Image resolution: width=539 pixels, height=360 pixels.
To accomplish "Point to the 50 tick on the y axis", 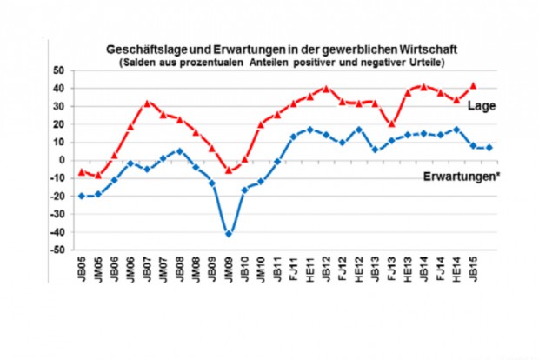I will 59,70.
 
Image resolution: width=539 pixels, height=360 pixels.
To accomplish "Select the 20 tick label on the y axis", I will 59,124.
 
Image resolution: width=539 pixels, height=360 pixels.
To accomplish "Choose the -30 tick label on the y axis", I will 57,214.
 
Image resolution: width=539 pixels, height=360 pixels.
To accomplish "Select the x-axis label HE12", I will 358,266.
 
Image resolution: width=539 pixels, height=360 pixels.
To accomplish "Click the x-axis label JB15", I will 473,266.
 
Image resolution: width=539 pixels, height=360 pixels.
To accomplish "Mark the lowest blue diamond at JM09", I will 229,234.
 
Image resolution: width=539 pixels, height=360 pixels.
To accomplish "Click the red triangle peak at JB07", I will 147,103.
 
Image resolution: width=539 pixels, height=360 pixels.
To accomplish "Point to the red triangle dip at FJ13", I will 391,123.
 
